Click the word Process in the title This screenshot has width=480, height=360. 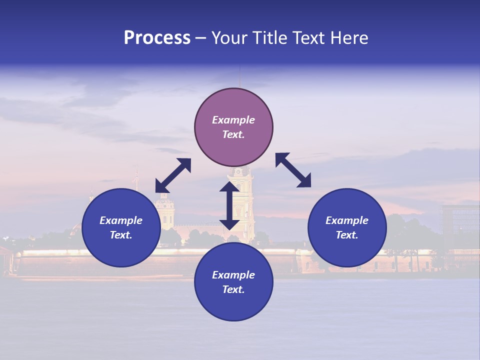point(157,38)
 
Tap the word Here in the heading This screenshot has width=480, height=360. point(348,38)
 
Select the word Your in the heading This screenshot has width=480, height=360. point(230,38)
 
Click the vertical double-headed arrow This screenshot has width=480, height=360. point(229,205)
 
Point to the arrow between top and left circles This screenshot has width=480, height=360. point(173,175)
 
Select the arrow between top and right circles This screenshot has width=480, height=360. point(293,170)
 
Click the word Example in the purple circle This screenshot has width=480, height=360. point(233,120)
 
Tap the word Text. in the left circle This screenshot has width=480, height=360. point(121,235)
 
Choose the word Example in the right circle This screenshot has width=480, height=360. point(347,220)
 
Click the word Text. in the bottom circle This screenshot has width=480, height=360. point(233,289)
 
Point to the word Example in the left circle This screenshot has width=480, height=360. point(121,220)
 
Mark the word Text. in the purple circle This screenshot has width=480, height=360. point(233,134)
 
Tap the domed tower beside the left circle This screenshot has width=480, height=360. point(165,210)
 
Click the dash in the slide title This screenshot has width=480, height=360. point(201,38)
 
